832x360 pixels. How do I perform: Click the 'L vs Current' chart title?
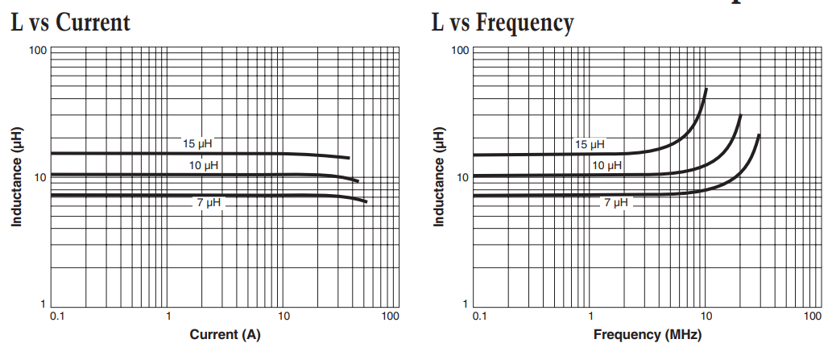pyautogui.click(x=70, y=22)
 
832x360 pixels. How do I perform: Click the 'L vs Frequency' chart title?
pyautogui.click(x=503, y=22)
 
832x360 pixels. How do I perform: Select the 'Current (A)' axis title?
pyautogui.click(x=225, y=334)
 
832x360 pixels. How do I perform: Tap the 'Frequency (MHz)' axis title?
pyautogui.click(x=648, y=334)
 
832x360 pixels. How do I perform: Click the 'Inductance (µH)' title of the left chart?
pyautogui.click(x=16, y=176)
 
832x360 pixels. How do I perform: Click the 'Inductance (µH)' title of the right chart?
pyautogui.click(x=438, y=176)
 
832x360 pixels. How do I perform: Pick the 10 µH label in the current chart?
pyautogui.click(x=204, y=165)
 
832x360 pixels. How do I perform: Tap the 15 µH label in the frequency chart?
pyautogui.click(x=590, y=145)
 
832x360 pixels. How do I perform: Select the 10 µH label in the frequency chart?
pyautogui.click(x=607, y=165)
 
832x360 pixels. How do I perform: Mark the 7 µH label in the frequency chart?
pyautogui.click(x=616, y=203)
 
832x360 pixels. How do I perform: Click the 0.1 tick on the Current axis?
pyautogui.click(x=57, y=317)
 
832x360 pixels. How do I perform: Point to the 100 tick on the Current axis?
pyautogui.click(x=390, y=317)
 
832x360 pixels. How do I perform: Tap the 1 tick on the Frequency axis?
pyautogui.click(x=591, y=317)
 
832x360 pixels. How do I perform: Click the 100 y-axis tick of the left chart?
pyautogui.click(x=35, y=51)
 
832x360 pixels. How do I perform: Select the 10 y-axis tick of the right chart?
pyautogui.click(x=462, y=177)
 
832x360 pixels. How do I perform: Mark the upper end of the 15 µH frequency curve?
pyautogui.click(x=706, y=89)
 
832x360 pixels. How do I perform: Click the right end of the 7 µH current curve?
pyautogui.click(x=366, y=201)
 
